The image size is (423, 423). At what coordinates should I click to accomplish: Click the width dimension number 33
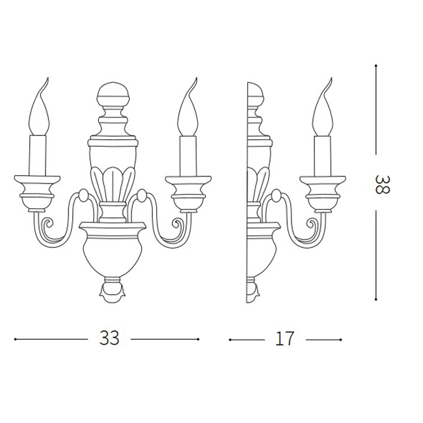point(109,338)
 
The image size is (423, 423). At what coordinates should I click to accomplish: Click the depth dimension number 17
point(284,338)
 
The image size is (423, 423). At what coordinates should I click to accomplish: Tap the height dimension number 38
point(382,184)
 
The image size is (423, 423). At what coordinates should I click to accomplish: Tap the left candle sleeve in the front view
point(38,156)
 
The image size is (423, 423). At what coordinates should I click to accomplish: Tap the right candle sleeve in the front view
point(188,156)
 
